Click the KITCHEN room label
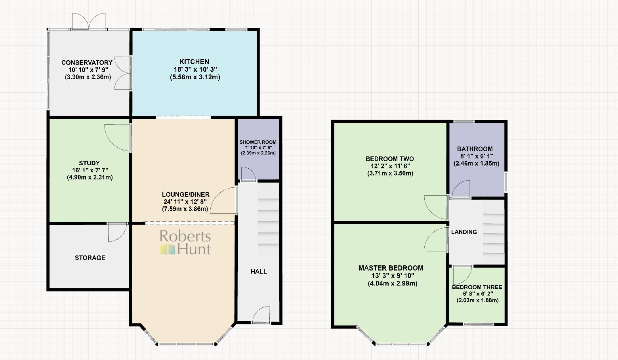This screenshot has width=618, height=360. click(194, 62)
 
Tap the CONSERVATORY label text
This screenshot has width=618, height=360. click(87, 63)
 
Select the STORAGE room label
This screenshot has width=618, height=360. click(90, 258)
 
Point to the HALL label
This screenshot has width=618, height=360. click(259, 271)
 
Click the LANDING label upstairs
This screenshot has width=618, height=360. click(464, 232)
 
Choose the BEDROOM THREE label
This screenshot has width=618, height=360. click(477, 287)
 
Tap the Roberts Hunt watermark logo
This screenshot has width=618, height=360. click(185, 242)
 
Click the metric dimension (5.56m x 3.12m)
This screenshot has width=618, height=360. click(195, 77)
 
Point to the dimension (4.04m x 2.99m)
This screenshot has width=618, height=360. click(392, 283)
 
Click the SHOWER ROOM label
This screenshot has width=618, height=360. click(258, 142)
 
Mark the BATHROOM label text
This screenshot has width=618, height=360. click(475, 149)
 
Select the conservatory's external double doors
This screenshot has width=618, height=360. click(89, 21)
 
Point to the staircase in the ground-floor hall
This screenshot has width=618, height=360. click(268, 226)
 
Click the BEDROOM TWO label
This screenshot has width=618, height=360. click(389, 159)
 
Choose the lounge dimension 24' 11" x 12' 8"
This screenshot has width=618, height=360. click(185, 202)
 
